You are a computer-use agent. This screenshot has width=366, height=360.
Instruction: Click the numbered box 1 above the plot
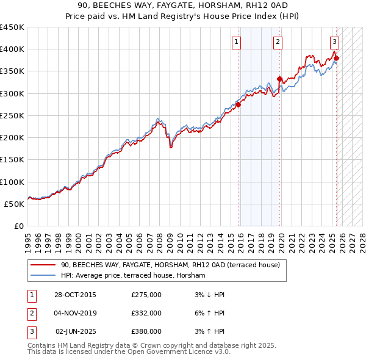[x=236, y=42]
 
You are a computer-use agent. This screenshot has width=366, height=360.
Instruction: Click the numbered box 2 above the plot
[x=278, y=42]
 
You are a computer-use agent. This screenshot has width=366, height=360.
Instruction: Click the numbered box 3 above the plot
[x=334, y=42]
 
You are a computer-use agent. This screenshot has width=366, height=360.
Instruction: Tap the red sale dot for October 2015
[x=239, y=104]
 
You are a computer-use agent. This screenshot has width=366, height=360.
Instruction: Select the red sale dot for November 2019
[x=280, y=79]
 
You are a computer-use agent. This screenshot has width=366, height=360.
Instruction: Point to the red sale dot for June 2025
[x=336, y=58]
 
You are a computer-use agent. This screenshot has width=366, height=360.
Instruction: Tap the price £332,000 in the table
[x=146, y=313]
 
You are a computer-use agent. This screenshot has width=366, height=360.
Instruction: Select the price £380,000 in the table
[x=146, y=331]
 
